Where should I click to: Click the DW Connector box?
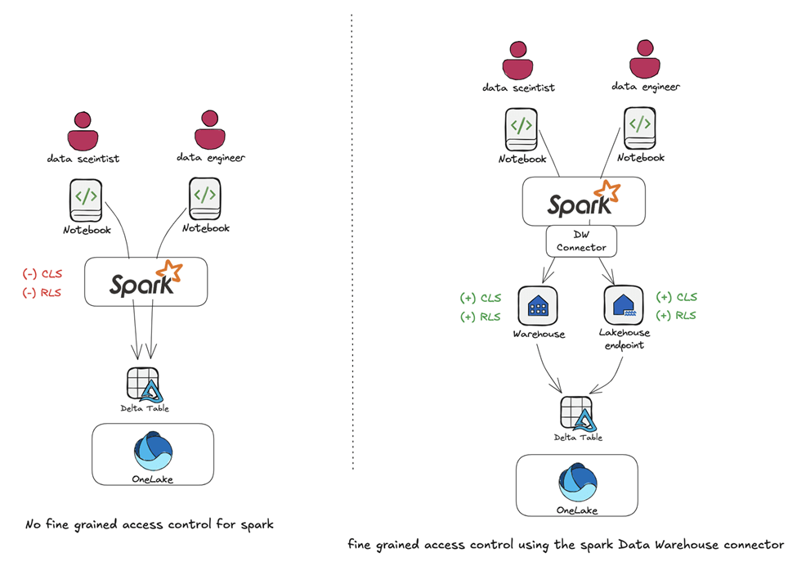581,241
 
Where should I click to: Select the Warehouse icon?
537,305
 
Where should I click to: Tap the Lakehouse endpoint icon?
624,305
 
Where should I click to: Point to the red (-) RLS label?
42,293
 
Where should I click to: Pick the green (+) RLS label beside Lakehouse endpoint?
677,316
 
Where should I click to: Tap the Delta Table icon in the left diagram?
144,384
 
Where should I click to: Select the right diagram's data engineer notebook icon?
640,128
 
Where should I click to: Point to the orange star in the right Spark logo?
607,191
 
